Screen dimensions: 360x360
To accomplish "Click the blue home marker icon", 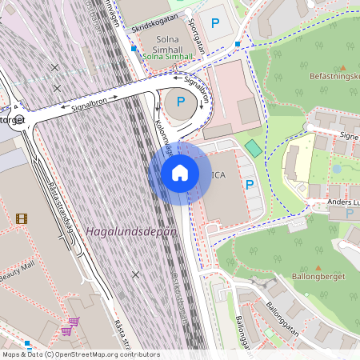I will pyautogui.click(x=180, y=173).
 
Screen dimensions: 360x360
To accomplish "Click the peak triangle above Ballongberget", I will pyautogui.click(x=318, y=270).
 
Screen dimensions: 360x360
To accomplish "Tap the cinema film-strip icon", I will pyautogui.click(x=22, y=218).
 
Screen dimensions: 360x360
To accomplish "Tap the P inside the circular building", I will pyautogui.click(x=181, y=101).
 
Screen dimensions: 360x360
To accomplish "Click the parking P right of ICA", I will pyautogui.click(x=250, y=184).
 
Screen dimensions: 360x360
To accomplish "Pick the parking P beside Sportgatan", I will pyautogui.click(x=214, y=23).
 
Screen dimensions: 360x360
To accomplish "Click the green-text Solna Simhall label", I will pyautogui.click(x=167, y=57).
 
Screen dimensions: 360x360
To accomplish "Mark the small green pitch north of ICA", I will pyautogui.click(x=254, y=148).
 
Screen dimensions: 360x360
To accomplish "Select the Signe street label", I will pyautogui.click(x=349, y=137).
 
